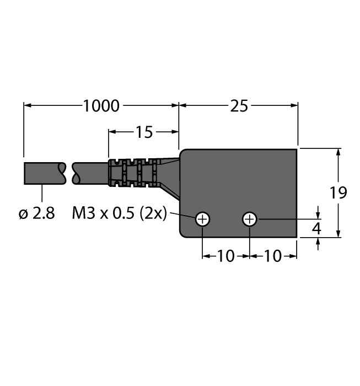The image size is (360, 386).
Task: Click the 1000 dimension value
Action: [101, 105]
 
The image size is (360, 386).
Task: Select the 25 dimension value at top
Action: [239, 105]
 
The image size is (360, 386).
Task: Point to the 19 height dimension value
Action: [338, 193]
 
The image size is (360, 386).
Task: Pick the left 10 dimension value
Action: [226, 256]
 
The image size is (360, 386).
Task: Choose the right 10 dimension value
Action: [273, 256]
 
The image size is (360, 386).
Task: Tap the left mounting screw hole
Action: [203, 219]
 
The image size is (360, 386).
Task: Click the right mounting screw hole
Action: [250, 219]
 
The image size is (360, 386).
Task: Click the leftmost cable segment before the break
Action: [44, 173]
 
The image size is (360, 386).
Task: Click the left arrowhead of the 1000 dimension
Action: [27, 104]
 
